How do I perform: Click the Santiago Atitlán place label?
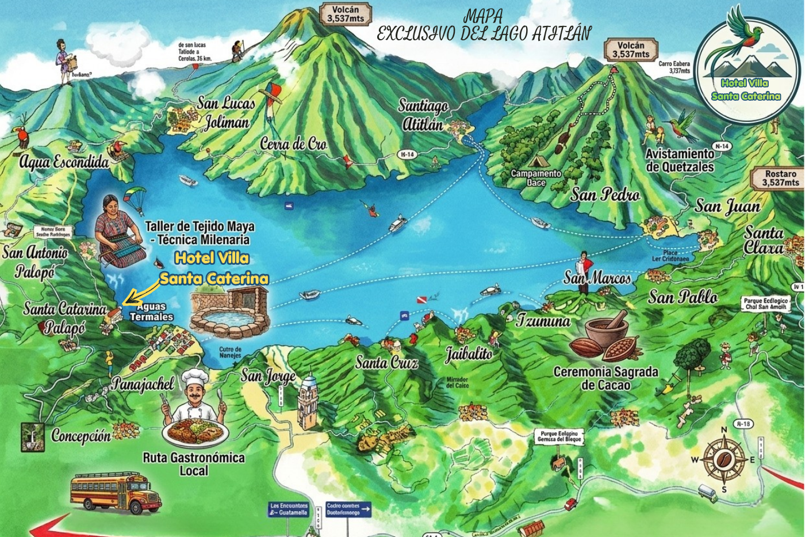pyautogui.click(x=423, y=115)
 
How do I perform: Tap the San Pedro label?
pyautogui.click(x=605, y=195)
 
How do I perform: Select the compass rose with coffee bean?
pyautogui.click(x=724, y=459)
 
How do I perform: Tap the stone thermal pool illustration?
pyautogui.click(x=229, y=313)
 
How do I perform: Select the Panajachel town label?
pyautogui.click(x=143, y=383)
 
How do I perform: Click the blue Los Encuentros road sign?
pyautogui.click(x=289, y=509)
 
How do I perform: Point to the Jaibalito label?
pyautogui.click(x=469, y=353)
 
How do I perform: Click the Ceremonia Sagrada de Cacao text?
pyautogui.click(x=605, y=378)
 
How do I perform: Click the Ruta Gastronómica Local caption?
pyautogui.click(x=194, y=464)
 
